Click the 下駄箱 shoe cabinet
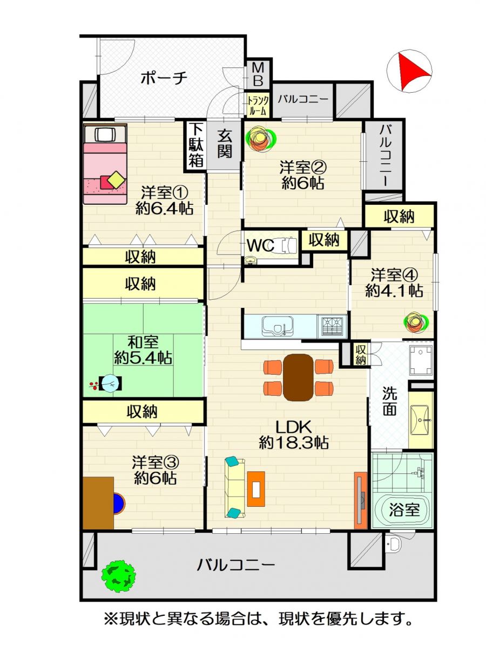click(195, 146)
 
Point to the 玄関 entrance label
click(225, 144)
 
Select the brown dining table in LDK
click(298, 377)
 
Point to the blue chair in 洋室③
click(119, 504)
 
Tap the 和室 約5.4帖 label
click(143, 350)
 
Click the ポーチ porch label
click(164, 78)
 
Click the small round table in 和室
click(111, 383)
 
